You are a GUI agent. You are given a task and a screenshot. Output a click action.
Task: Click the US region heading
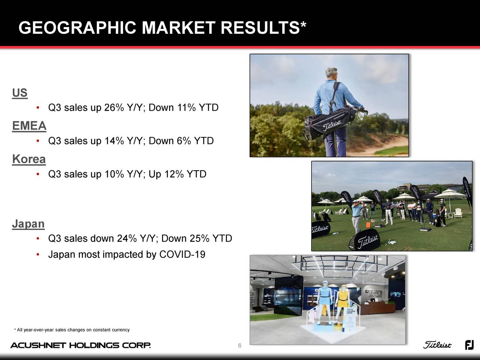19,93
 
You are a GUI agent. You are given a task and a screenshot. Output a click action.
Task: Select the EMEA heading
29,126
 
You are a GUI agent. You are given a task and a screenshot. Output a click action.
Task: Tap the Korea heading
29,159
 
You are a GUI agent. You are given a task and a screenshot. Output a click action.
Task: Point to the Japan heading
28,224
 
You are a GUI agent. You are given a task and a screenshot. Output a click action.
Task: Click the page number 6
240,345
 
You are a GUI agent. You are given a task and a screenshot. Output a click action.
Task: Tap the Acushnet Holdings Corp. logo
81,345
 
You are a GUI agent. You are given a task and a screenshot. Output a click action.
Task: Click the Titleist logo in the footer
438,345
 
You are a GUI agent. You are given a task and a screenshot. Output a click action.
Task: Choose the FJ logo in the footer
469,345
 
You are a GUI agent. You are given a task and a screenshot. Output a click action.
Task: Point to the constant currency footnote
72,330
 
